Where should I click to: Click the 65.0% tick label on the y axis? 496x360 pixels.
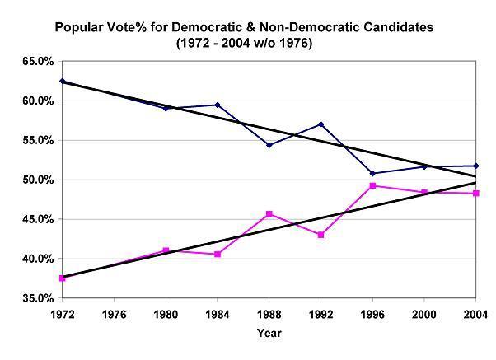coord(38,61)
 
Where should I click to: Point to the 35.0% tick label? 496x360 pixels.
coord(38,298)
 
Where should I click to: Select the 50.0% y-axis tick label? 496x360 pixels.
coord(38,180)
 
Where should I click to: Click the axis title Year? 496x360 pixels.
coord(269,333)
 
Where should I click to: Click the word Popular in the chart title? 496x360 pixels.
coord(80,27)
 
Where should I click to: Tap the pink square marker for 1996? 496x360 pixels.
coord(372,186)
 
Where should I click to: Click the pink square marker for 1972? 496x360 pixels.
coord(62,278)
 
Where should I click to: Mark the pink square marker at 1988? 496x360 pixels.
coord(269,214)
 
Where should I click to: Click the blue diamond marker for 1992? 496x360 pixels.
coord(321,124)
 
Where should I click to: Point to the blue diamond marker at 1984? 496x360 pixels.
coord(218,105)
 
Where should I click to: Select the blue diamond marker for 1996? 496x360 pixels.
coord(372,173)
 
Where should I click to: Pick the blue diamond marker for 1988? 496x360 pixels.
coord(269,145)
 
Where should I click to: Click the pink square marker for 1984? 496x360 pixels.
coord(218,255)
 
